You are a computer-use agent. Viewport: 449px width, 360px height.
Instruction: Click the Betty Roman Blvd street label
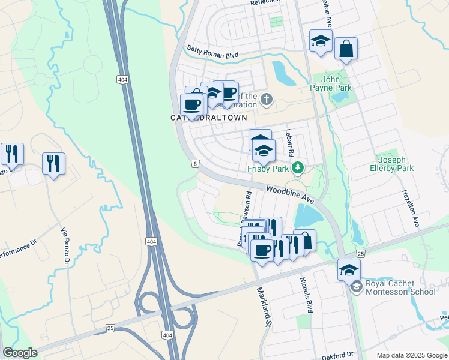(x=213, y=53)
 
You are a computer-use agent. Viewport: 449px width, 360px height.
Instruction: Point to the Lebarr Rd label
(x=288, y=145)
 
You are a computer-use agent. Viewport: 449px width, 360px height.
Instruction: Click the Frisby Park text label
(x=268, y=169)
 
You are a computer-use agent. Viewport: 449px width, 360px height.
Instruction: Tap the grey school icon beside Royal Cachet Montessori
(x=357, y=287)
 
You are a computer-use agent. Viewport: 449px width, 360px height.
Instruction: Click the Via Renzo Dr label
(x=65, y=245)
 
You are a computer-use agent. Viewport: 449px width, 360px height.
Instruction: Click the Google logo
(x=20, y=353)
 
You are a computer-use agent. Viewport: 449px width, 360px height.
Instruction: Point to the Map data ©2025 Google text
(x=411, y=355)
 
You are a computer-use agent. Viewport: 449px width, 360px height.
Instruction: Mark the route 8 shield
(x=195, y=163)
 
